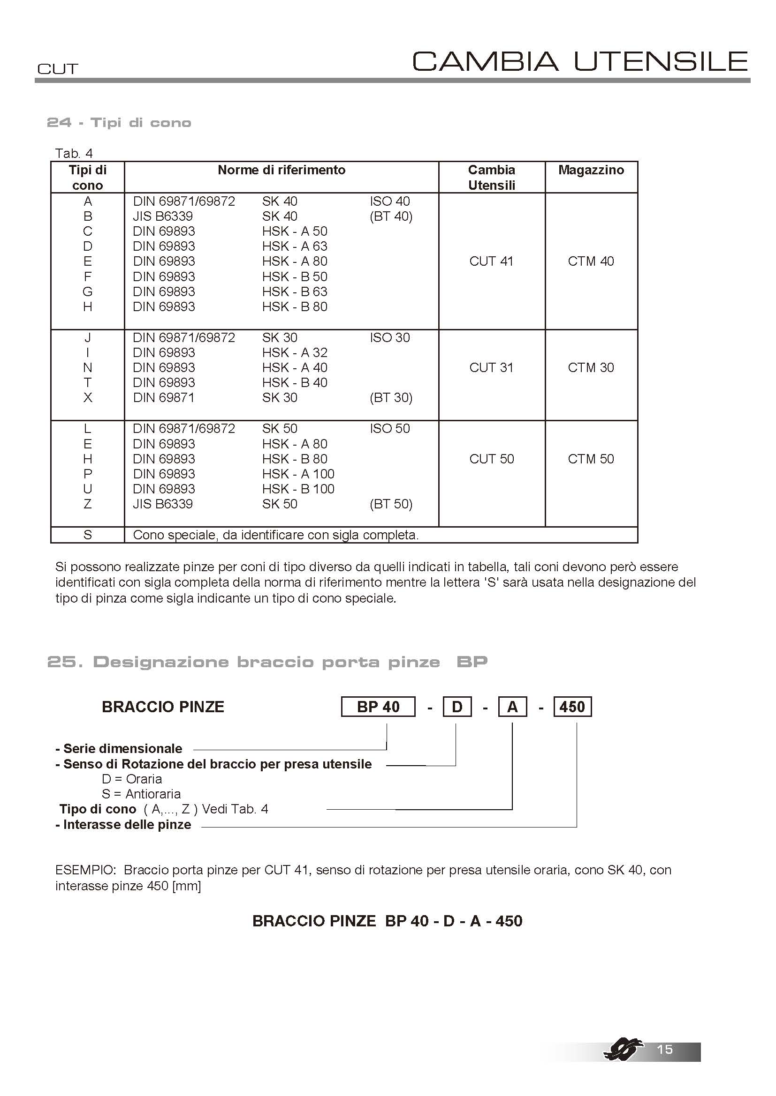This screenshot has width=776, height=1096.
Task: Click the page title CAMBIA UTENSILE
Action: pyautogui.click(x=579, y=61)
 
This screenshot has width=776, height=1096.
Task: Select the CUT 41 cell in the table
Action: pyautogui.click(x=491, y=261)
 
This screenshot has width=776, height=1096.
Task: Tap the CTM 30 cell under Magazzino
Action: pyautogui.click(x=591, y=367)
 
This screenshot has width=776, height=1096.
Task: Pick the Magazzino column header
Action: pyautogui.click(x=591, y=171)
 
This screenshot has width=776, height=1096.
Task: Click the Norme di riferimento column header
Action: pyautogui.click(x=281, y=171)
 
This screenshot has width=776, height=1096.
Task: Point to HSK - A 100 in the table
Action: pyautogui.click(x=298, y=474)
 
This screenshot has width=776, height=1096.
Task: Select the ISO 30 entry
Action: pyautogui.click(x=389, y=338)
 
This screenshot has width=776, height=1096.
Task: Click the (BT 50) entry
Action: pyautogui.click(x=391, y=504)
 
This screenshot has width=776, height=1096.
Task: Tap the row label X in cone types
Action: pyautogui.click(x=87, y=398)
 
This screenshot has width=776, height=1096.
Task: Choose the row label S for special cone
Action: pyautogui.click(x=87, y=535)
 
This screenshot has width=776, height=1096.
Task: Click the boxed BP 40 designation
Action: pyautogui.click(x=378, y=707)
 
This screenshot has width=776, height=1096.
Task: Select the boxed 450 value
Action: pyautogui.click(x=572, y=707)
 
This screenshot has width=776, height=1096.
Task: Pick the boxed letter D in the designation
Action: pyautogui.click(x=457, y=707)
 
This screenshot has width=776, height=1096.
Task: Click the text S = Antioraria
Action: pyautogui.click(x=141, y=794)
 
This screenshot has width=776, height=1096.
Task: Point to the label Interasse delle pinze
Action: pyautogui.click(x=127, y=825)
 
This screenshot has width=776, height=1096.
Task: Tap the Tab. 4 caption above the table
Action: pyautogui.click(x=74, y=154)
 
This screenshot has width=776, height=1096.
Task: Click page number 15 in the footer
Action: pyautogui.click(x=665, y=1049)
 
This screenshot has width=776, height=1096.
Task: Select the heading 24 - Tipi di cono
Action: pyautogui.click(x=120, y=123)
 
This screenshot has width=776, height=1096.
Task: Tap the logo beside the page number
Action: pyautogui.click(x=623, y=1050)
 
